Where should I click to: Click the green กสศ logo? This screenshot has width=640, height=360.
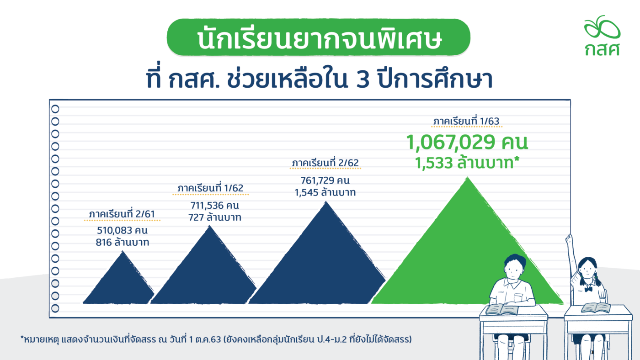(x=602, y=35)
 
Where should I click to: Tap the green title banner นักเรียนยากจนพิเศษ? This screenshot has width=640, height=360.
(x=318, y=37)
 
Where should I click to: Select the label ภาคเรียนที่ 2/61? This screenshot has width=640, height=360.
(x=122, y=214)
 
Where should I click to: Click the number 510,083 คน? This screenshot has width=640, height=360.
(x=122, y=230)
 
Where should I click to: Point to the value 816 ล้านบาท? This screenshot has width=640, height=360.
(x=123, y=243)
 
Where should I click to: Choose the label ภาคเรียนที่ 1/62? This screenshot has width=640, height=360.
(x=210, y=188)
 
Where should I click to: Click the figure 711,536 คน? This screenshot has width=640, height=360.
(x=214, y=205)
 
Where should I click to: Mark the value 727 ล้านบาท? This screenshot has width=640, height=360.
(x=214, y=217)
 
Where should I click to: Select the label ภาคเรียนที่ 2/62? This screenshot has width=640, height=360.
(x=325, y=163)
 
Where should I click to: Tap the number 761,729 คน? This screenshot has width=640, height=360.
(x=325, y=180)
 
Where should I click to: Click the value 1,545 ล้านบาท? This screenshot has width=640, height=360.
(x=325, y=192)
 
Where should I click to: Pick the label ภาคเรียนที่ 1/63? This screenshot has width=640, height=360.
(x=466, y=122)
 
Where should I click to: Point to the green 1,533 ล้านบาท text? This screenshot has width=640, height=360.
(x=467, y=163)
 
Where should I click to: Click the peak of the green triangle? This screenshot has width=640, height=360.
(x=467, y=177)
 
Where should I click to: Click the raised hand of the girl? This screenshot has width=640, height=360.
(x=569, y=238)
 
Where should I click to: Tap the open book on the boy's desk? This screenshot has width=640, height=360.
(x=502, y=309)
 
